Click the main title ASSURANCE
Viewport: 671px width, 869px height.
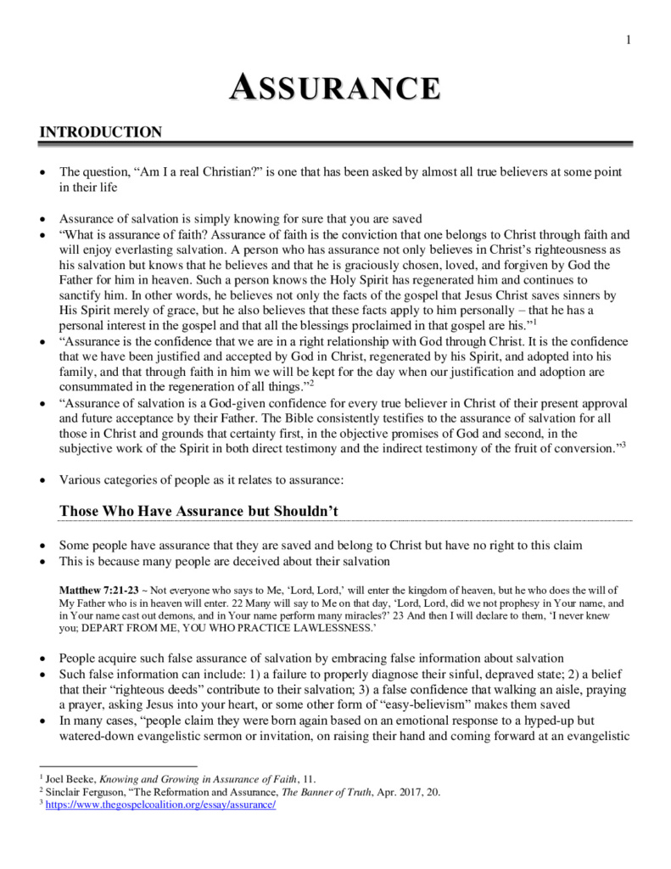tap(335, 87)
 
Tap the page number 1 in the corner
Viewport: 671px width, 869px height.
tap(629, 40)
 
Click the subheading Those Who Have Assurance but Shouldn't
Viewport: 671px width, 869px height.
tap(199, 508)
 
